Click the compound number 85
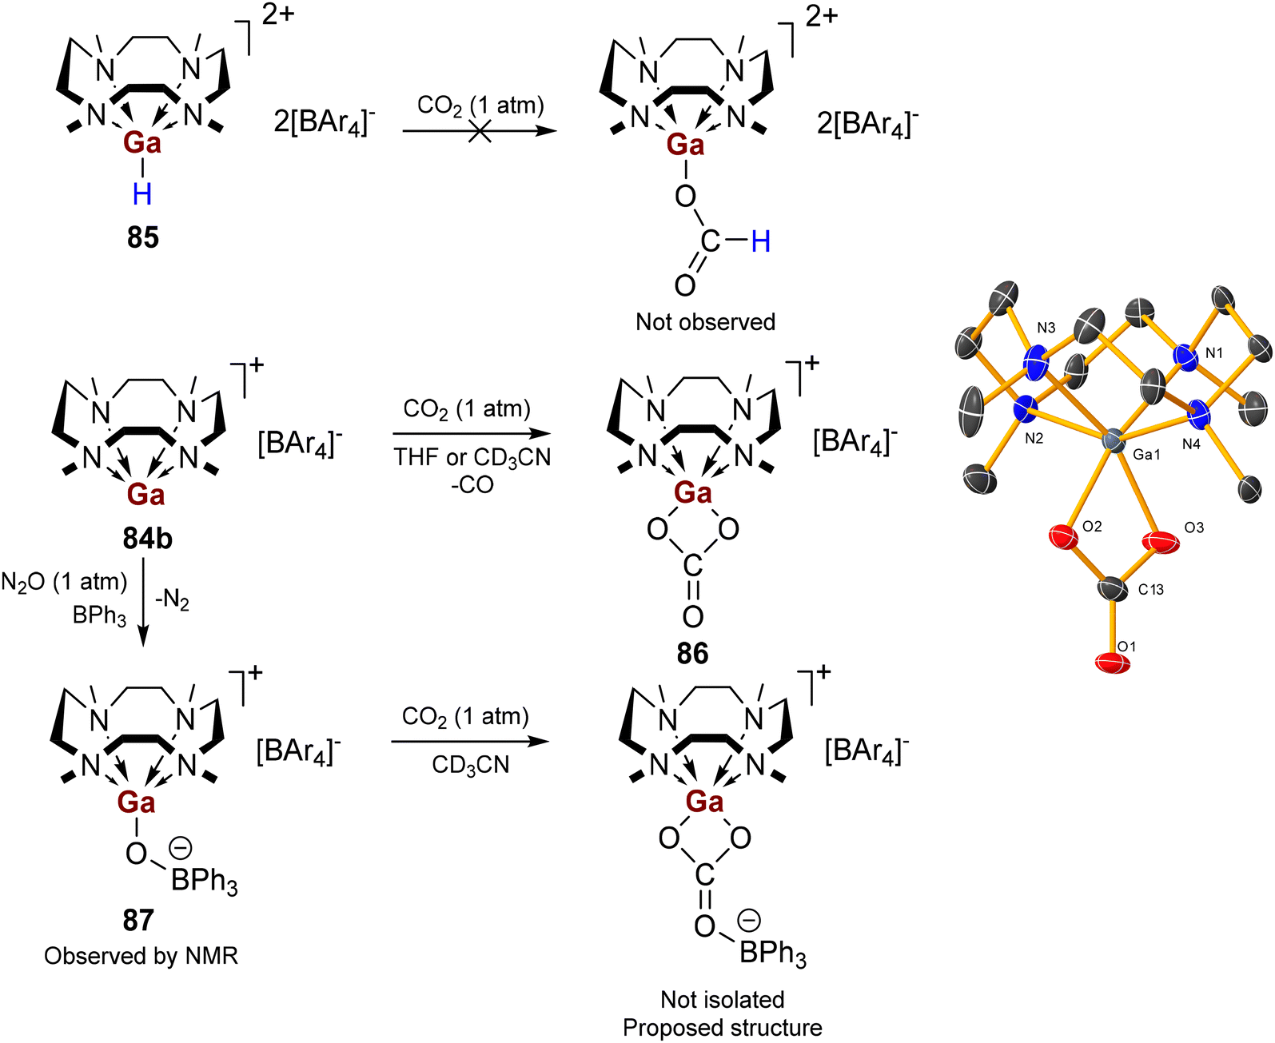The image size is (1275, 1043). [142, 237]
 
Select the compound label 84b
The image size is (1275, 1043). [148, 538]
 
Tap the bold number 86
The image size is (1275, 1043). [692, 653]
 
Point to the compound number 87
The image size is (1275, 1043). [137, 920]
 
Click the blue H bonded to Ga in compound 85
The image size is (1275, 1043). [142, 195]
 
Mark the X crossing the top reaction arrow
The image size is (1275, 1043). [480, 131]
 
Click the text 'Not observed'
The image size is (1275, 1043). [705, 321]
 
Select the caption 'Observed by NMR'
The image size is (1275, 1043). [141, 955]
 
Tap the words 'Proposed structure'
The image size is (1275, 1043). [722, 1027]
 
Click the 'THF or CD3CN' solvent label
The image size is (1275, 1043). [472, 458]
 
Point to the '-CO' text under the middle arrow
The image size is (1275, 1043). [472, 484]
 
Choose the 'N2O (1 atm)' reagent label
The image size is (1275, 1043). [64, 583]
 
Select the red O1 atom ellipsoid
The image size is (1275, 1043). [1113, 662]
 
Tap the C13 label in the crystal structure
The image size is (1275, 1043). [1150, 589]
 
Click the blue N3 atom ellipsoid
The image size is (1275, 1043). [1036, 364]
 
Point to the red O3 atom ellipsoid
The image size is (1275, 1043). [1161, 541]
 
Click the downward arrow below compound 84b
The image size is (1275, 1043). [142, 602]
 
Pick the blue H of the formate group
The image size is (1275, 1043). [760, 242]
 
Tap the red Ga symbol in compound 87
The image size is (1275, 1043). [137, 802]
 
